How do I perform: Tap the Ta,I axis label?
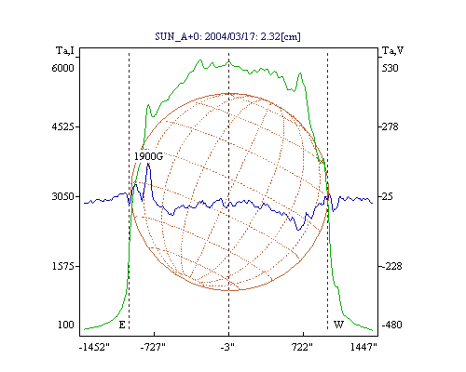65,50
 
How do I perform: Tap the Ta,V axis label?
392,50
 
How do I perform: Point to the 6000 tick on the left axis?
62,68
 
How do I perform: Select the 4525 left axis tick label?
62,126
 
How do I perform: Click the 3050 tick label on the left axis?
62,196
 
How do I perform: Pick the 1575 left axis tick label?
62,266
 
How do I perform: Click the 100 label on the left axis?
66,325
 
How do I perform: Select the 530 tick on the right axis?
390,68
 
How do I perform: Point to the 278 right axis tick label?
390,126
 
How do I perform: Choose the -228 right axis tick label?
392,266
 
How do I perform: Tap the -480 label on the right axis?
392,325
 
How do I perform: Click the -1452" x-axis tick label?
94,347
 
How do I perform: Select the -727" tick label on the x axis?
153,347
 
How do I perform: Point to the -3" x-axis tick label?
227,347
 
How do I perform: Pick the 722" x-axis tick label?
302,347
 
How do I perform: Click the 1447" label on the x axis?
363,347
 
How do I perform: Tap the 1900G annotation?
148,156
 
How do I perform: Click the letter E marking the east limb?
122,325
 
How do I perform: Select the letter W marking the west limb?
338,325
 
